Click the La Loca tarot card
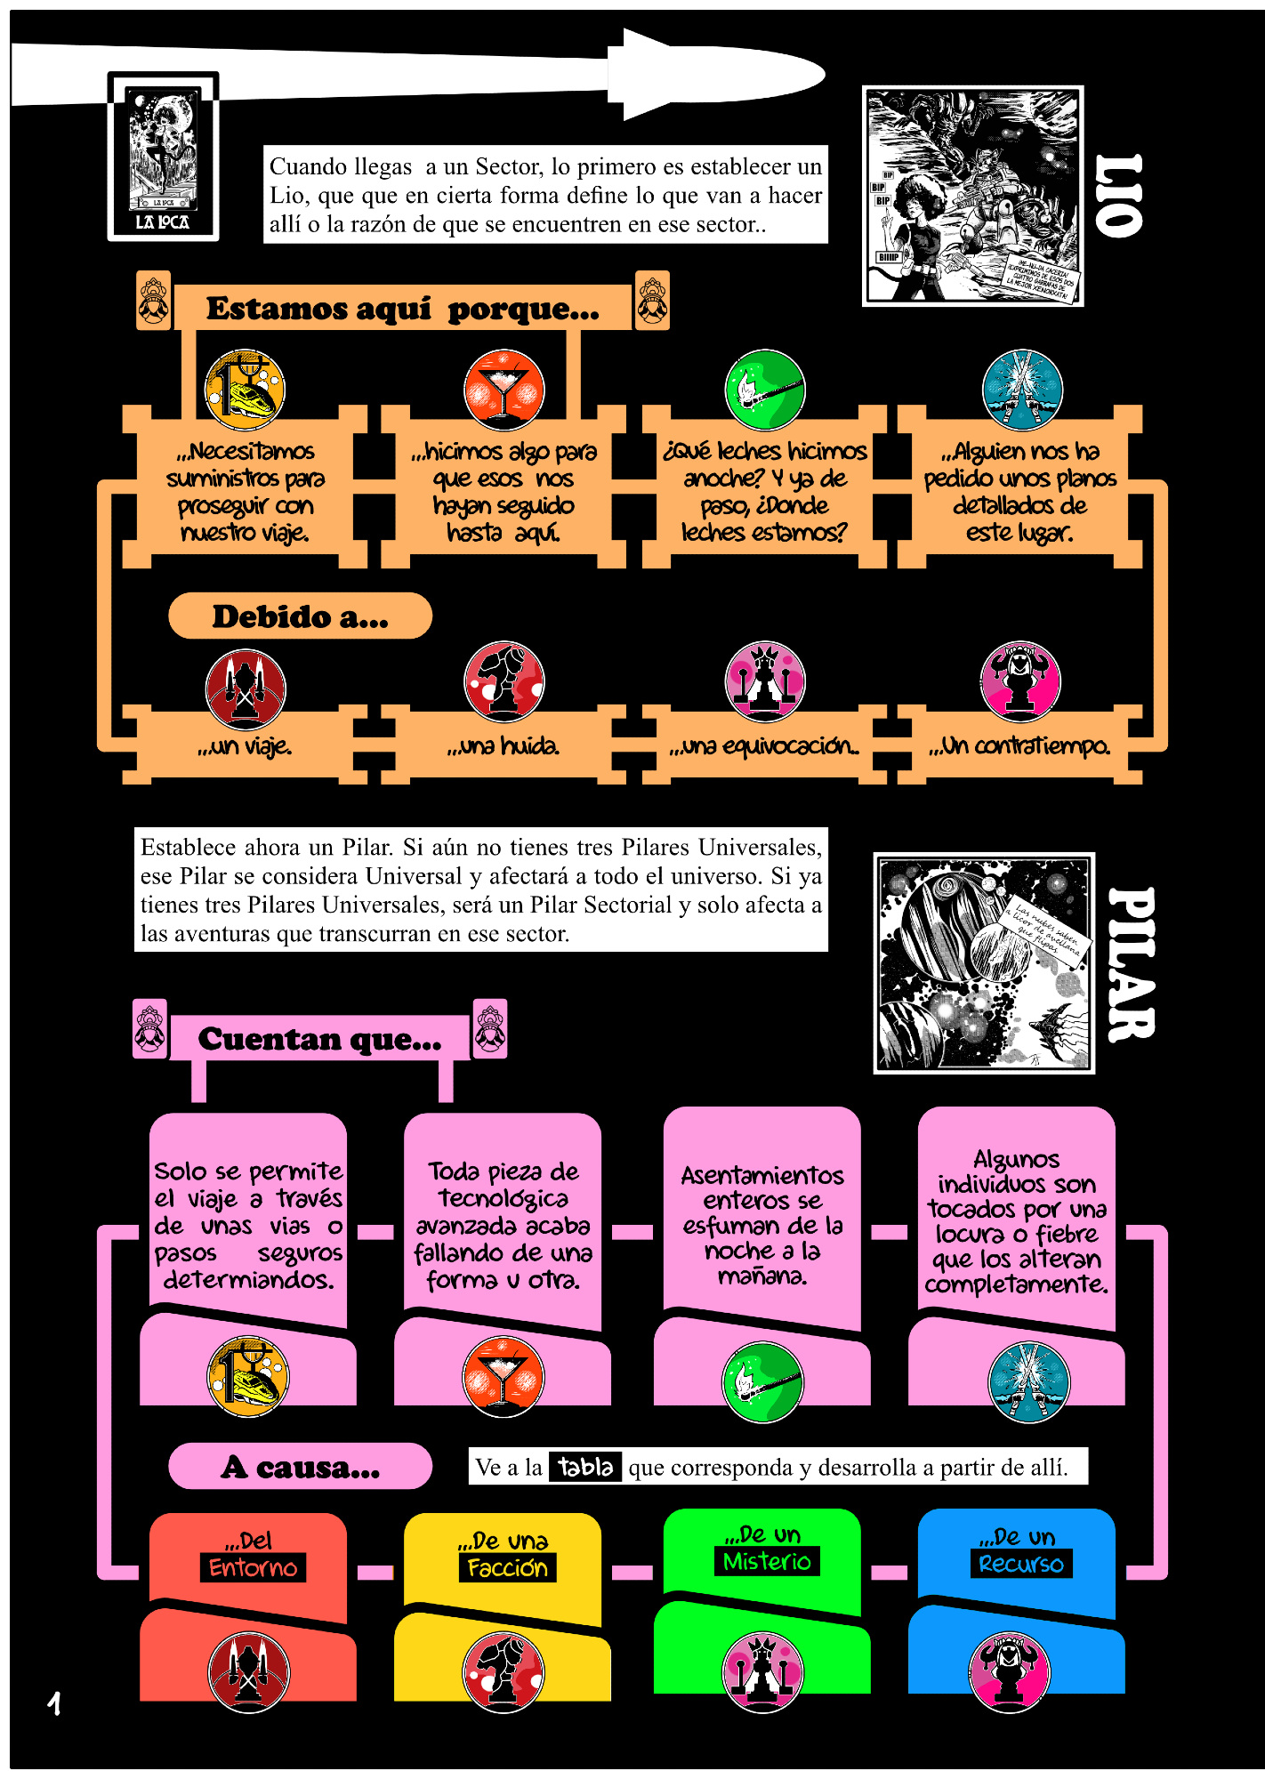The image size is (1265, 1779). [x=163, y=157]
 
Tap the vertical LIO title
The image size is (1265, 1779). [x=1118, y=196]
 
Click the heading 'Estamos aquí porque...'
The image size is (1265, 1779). [x=402, y=309]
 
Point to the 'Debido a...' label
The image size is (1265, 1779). [x=300, y=616]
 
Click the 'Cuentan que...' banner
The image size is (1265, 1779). [x=319, y=1038]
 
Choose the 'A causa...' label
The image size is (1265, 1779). [x=300, y=1467]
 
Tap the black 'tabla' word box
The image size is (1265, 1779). [x=585, y=1466]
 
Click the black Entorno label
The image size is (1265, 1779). [x=253, y=1567]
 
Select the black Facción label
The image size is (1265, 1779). [x=507, y=1567]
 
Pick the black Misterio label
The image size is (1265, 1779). [x=767, y=1561]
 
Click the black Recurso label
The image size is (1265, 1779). [x=1020, y=1564]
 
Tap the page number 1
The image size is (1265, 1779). [x=54, y=1703]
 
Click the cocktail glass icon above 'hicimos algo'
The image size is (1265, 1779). [x=504, y=390]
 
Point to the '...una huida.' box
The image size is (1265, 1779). [x=504, y=745]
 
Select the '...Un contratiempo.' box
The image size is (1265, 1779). [x=1019, y=745]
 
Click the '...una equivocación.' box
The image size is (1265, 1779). [x=764, y=745]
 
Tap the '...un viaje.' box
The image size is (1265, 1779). [x=245, y=745]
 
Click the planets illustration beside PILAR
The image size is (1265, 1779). [x=984, y=963]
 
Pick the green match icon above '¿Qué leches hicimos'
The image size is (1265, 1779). [x=765, y=390]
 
